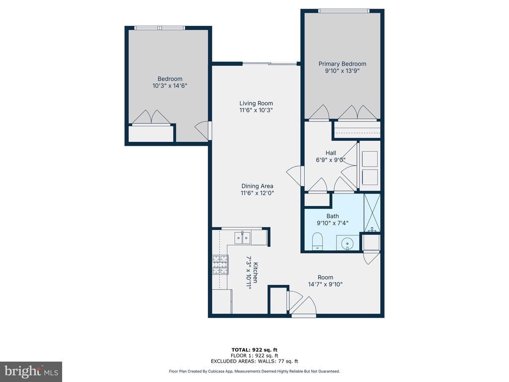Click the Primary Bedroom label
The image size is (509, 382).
tap(342, 64)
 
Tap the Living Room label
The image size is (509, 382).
tap(256, 103)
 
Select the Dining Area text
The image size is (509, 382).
tap(257, 186)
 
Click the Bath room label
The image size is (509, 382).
tap(333, 216)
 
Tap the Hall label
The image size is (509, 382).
tap(331, 153)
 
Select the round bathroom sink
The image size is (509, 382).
tap(347, 243)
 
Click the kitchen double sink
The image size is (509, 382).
tap(243, 237)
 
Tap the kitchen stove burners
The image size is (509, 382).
tap(220, 265)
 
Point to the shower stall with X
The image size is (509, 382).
tap(372, 213)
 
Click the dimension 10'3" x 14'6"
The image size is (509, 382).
tap(170, 86)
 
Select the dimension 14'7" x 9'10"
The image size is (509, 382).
tap(325, 284)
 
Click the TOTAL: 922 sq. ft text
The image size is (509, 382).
tap(254, 350)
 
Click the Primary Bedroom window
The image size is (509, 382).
tap(344, 11)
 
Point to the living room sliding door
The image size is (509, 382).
tap(270, 64)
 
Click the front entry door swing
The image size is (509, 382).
tap(304, 306)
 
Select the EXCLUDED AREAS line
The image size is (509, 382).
tap(254, 361)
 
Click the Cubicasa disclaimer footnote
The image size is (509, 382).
tap(254, 371)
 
